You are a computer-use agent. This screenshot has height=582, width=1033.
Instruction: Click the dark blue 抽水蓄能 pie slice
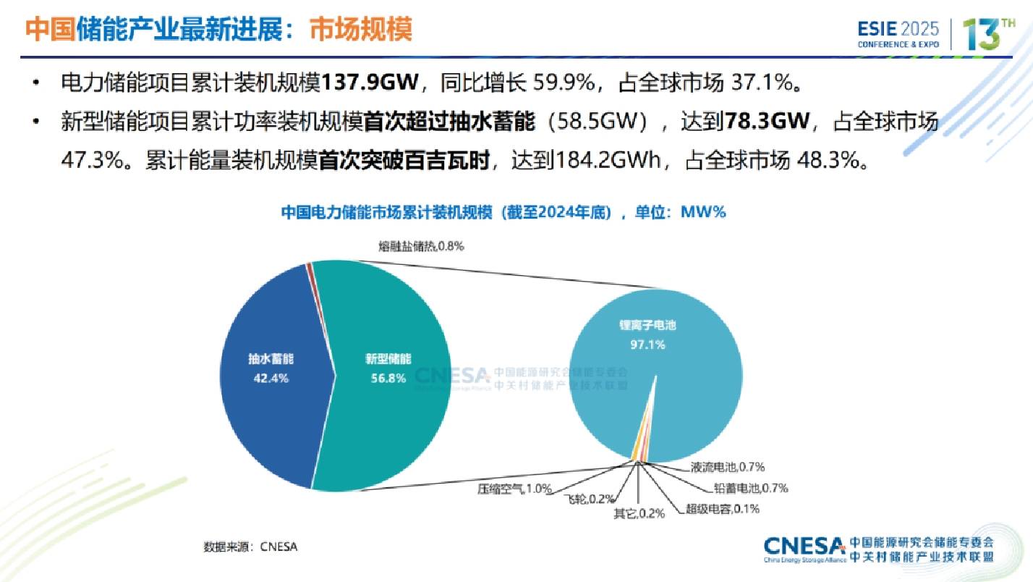click(x=268, y=405)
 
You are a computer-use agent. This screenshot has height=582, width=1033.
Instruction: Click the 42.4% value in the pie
click(x=268, y=379)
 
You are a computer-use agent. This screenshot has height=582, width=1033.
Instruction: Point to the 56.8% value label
click(x=386, y=379)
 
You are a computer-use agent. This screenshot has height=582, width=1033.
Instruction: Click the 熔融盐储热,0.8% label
click(x=420, y=246)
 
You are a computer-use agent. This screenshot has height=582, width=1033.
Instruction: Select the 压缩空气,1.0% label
click(x=514, y=488)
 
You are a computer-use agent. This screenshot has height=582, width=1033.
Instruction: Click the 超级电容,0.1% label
click(x=722, y=509)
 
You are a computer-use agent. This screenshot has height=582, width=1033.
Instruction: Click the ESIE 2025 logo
click(x=898, y=34)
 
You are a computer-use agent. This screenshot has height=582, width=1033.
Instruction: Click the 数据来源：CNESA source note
click(x=250, y=547)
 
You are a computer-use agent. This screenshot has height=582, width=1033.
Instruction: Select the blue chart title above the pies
click(x=502, y=212)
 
